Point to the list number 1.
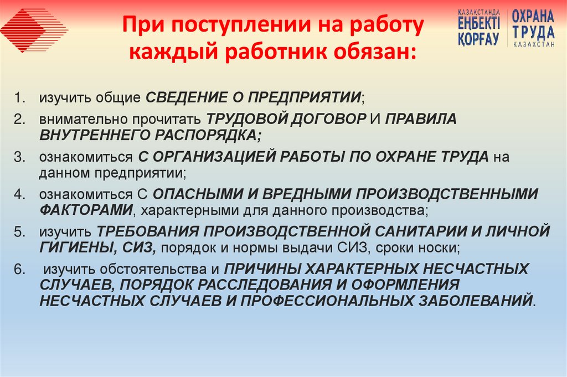[20, 99]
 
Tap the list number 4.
[20, 194]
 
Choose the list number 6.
[20, 270]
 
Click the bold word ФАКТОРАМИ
[86, 210]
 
